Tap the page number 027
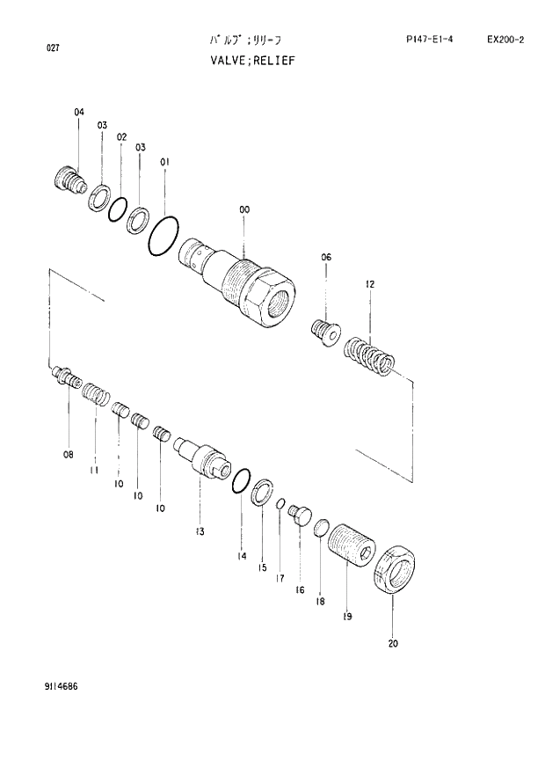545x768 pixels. pos(53,48)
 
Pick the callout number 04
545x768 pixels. pos(78,112)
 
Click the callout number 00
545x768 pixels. pos(243,209)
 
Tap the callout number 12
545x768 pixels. pos(370,284)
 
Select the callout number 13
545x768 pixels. pos(200,531)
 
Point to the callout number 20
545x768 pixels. pos(392,643)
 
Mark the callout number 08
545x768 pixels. pos(68,454)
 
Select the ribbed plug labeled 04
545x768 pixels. pos(69,180)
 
